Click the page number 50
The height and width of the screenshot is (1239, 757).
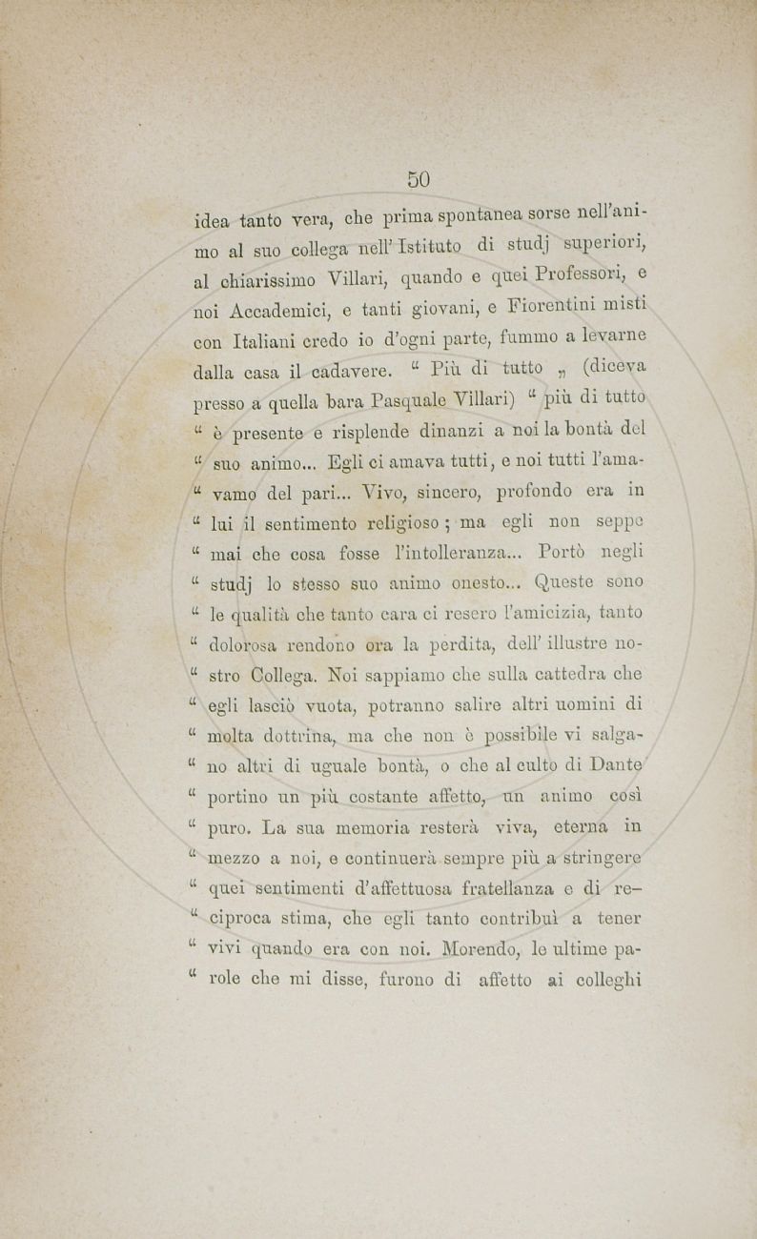coord(419,179)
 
